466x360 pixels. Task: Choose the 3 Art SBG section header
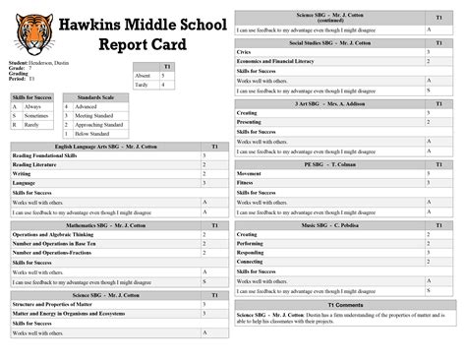[330, 102]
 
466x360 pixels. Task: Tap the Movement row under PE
[252, 173]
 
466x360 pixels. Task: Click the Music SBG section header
[330, 225]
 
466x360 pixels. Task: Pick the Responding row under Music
[255, 253]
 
